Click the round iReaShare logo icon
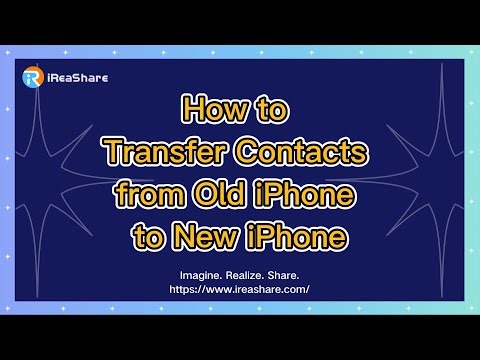click(x=32, y=77)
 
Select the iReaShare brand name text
click(x=75, y=77)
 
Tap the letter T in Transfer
click(x=114, y=152)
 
